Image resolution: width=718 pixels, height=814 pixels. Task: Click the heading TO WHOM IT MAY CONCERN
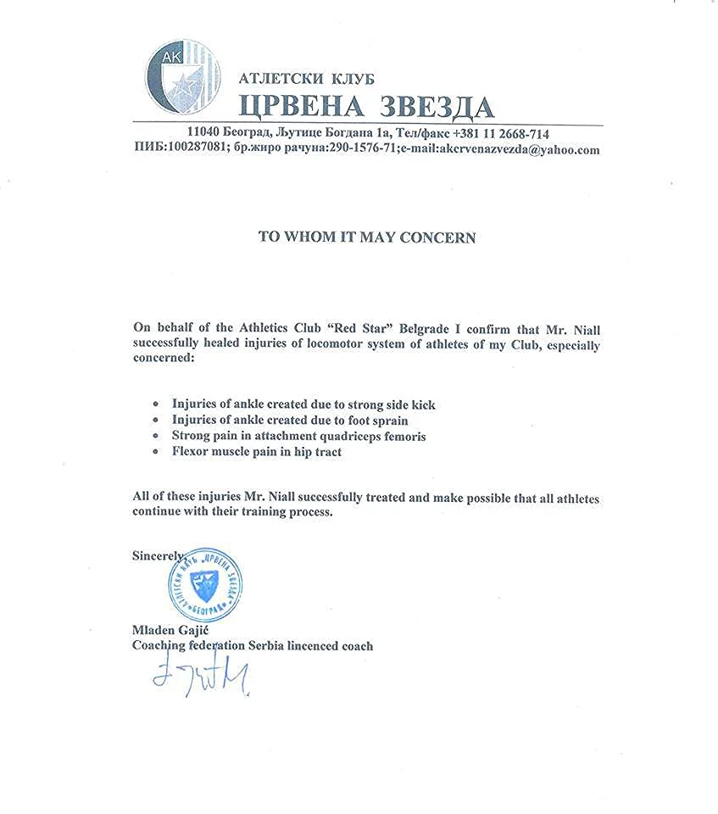click(x=367, y=237)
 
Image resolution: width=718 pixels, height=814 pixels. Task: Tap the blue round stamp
click(x=202, y=585)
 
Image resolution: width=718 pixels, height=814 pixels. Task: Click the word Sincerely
click(x=158, y=555)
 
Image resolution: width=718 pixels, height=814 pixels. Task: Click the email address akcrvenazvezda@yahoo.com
click(x=515, y=150)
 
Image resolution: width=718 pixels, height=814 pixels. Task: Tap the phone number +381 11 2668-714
click(x=501, y=134)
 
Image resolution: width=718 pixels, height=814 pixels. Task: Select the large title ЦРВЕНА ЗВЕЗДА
click(x=365, y=105)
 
